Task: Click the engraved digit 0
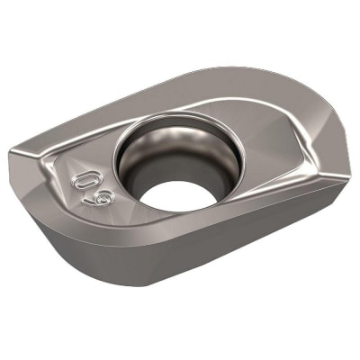tap(85, 175)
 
